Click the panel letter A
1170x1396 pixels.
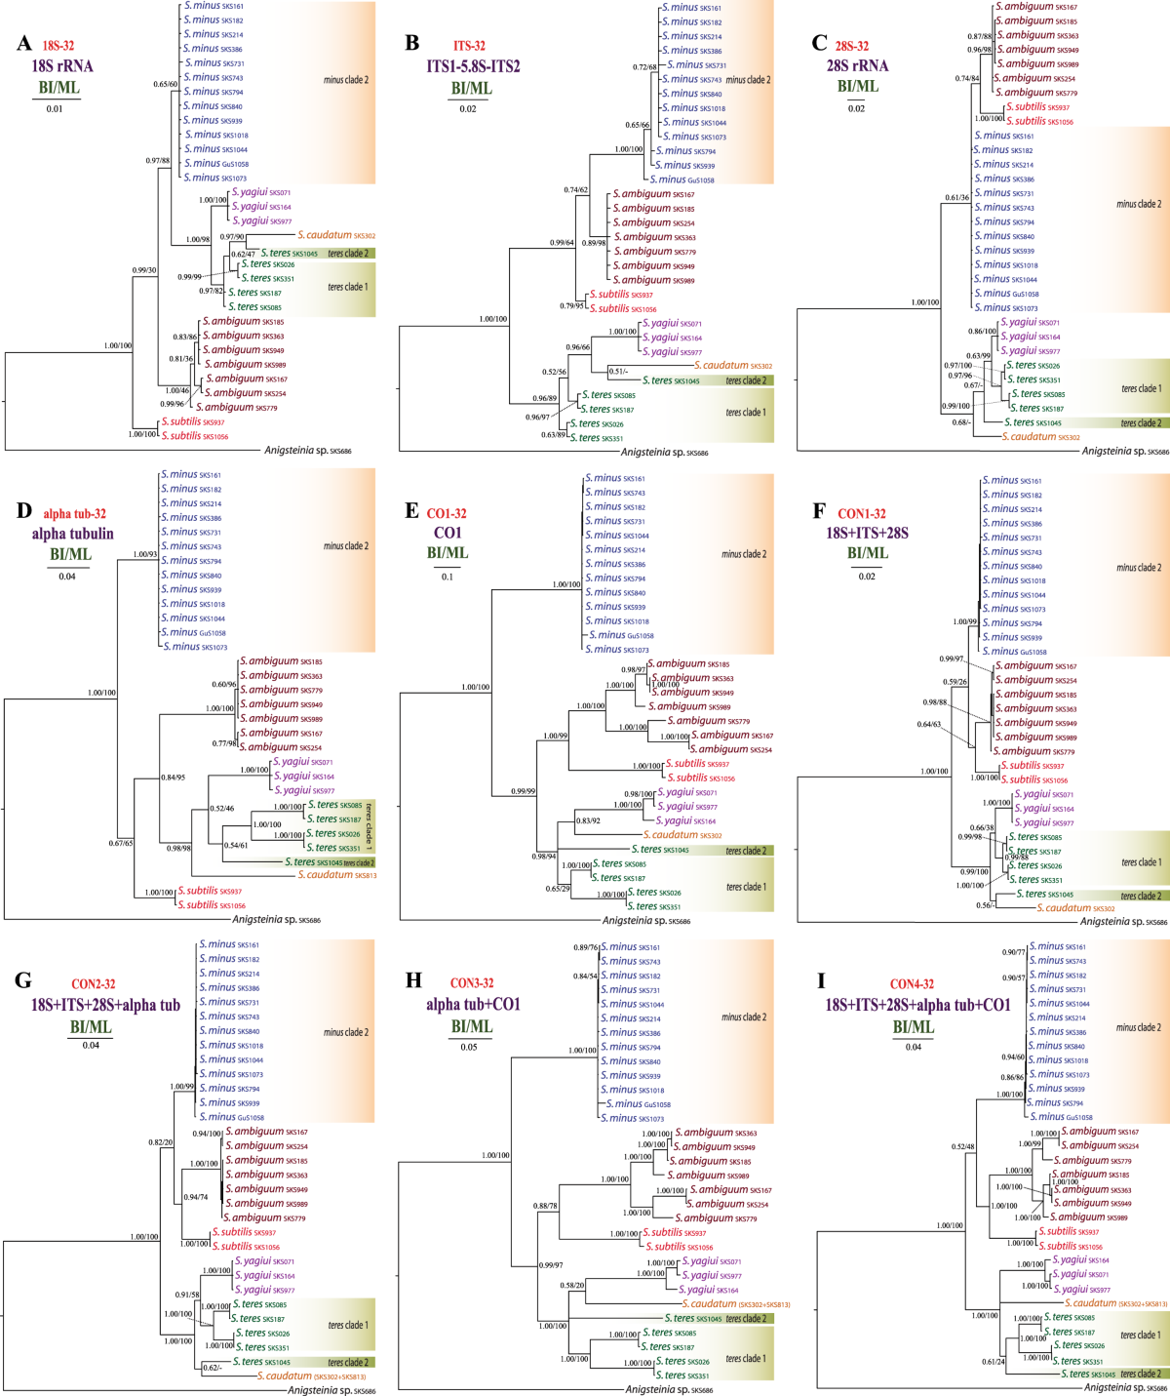pos(23,43)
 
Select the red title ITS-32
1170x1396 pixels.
pos(469,46)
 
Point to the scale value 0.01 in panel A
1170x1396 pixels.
pos(55,108)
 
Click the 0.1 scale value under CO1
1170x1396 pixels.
pos(447,577)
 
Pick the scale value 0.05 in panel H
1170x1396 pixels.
pos(469,1047)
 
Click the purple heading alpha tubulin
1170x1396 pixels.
pos(72,534)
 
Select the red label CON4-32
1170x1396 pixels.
pos(912,984)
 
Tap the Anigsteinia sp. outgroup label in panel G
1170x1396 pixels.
pos(331,1390)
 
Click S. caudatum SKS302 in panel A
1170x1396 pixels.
pos(336,235)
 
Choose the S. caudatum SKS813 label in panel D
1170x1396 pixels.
pos(336,875)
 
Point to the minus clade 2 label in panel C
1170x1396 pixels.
pos(1138,204)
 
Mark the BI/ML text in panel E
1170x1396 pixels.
pos(448,553)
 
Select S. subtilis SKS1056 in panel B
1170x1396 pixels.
pos(626,308)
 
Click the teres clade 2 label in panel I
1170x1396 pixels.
pos(1140,1374)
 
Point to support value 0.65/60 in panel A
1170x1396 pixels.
pos(165,84)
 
